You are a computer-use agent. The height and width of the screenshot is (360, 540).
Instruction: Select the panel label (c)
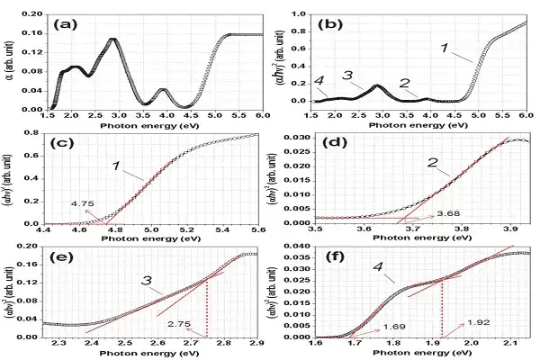tap(67, 143)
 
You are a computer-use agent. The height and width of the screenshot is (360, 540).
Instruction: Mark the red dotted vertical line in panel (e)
tap(208, 306)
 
